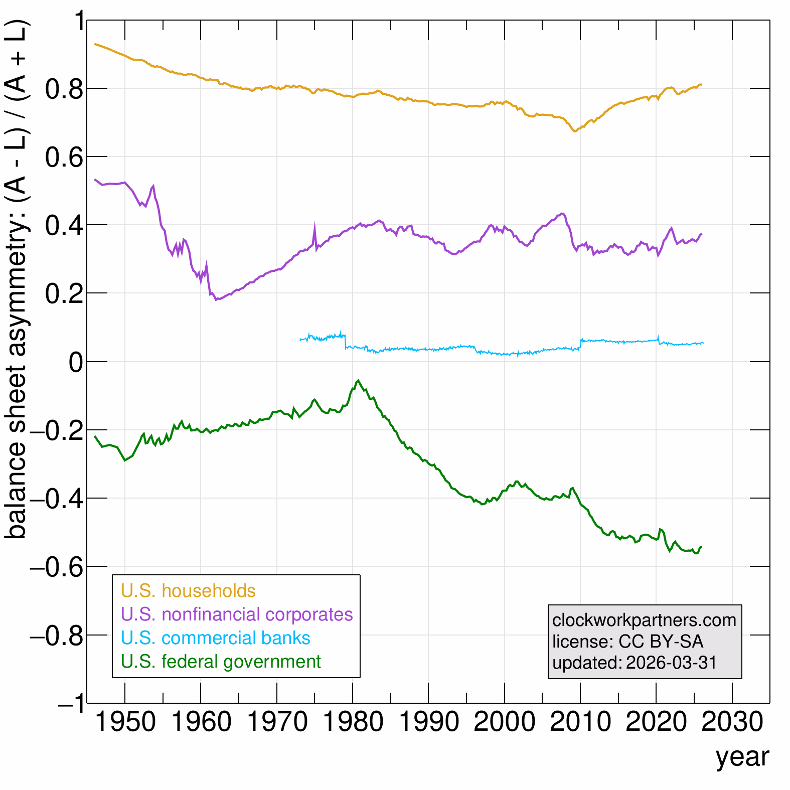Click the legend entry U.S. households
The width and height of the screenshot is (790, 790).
188,591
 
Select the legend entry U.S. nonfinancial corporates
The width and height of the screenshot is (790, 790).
237,614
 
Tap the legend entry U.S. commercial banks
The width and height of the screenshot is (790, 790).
216,638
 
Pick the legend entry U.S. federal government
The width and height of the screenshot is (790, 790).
221,662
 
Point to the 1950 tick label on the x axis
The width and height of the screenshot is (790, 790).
125,722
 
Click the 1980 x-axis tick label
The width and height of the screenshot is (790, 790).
353,722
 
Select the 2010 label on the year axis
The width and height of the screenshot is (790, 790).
580,722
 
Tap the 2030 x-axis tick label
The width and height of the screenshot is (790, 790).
732,722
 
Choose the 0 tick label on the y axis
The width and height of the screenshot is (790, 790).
76,362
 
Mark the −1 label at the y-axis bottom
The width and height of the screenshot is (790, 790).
70,704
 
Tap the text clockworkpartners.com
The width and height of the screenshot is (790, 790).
644,620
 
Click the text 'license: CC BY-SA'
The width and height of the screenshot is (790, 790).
627,642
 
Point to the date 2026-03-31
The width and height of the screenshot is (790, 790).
672,663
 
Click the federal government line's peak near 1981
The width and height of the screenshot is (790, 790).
358,381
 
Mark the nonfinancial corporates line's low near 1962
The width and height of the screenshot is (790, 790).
216,300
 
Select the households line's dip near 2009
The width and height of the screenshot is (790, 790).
574,131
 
